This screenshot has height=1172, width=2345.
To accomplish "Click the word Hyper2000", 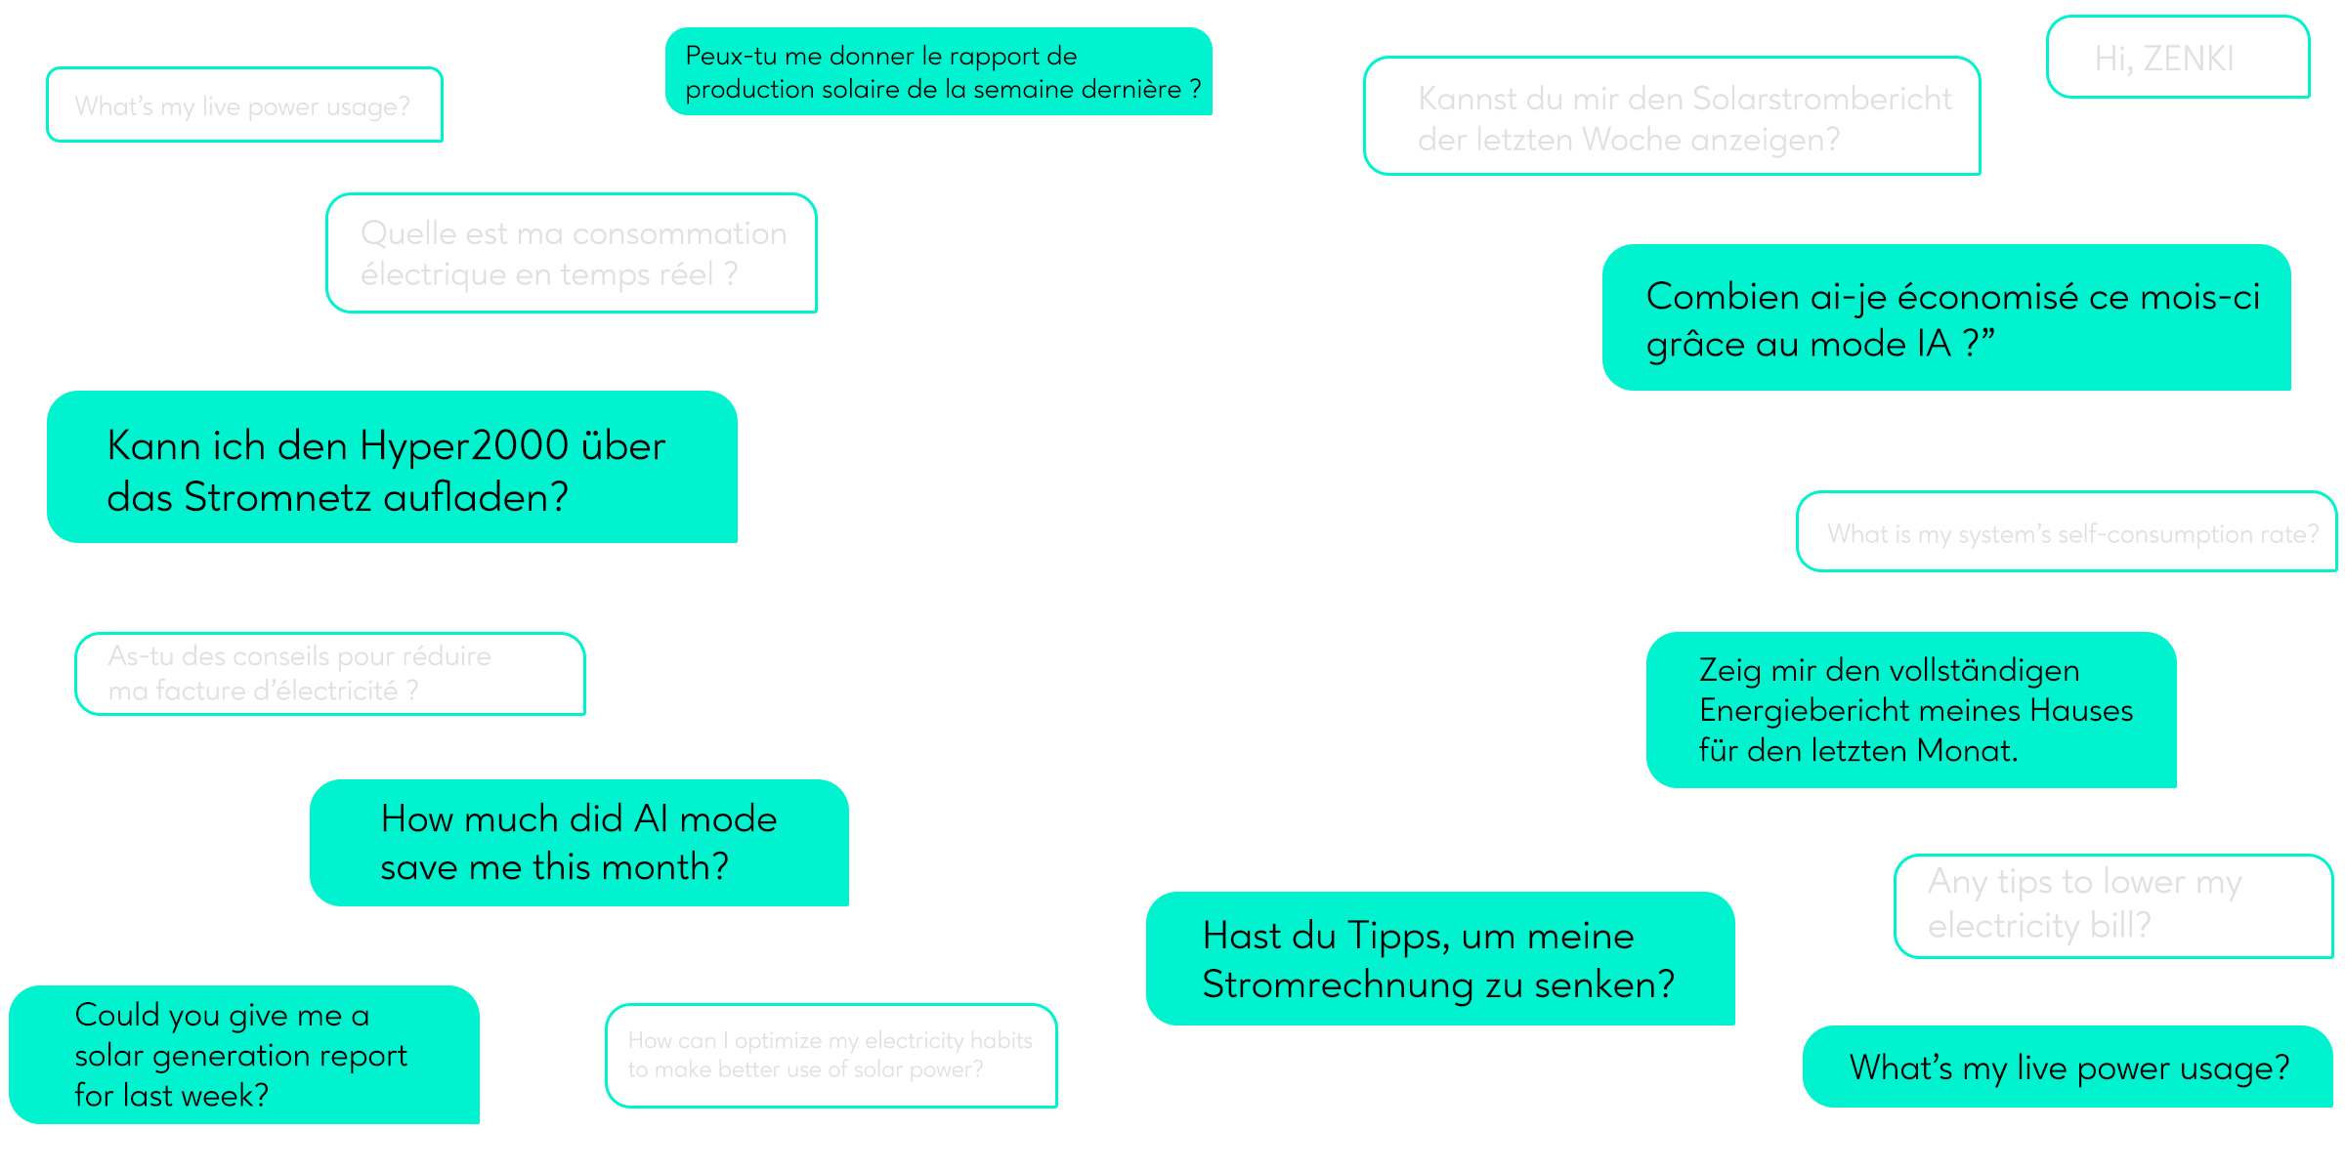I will pos(464,446).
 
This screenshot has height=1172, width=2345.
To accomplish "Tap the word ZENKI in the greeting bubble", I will pos(2188,60).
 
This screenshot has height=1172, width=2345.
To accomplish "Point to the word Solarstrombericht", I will pos(1821,100).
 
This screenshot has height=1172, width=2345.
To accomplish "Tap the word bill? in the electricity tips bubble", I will pos(2120,926).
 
